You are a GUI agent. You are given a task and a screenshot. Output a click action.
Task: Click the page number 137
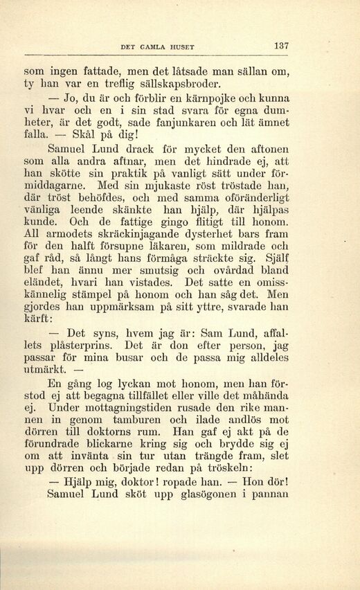280,46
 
